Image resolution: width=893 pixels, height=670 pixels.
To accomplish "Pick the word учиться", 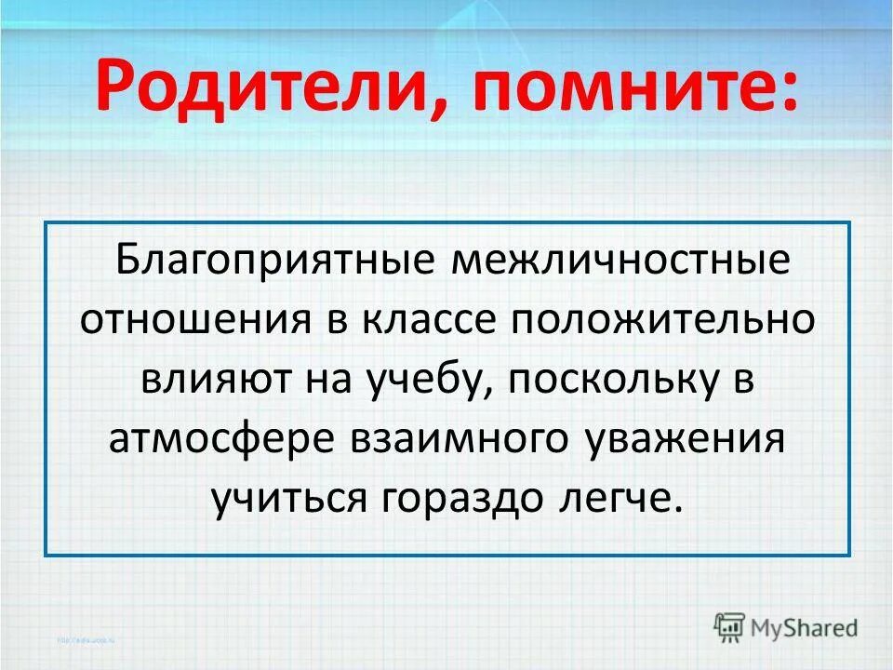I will [289, 500].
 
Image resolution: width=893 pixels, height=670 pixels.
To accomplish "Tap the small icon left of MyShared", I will [730, 626].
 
